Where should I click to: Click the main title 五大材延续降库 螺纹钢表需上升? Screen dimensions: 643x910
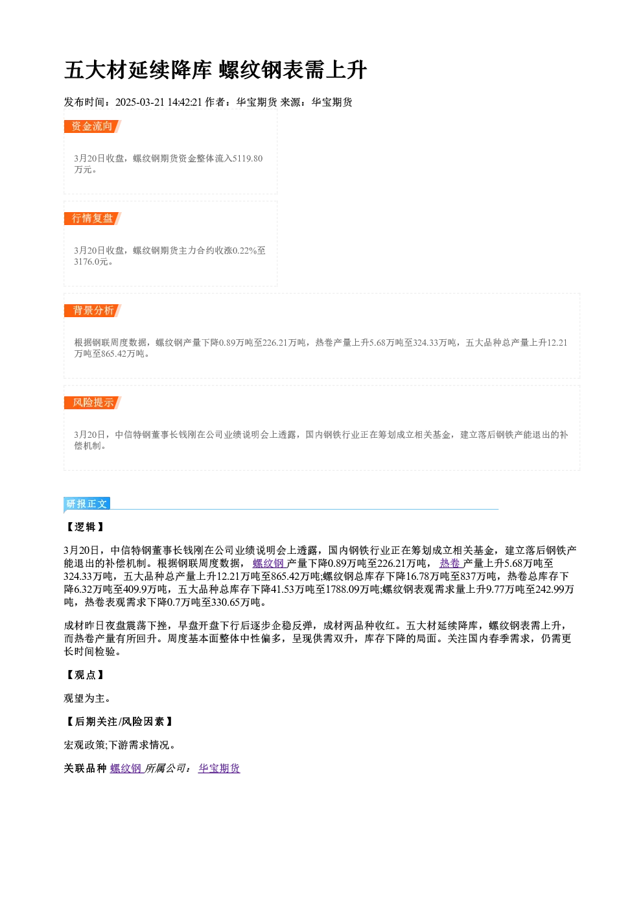(x=216, y=70)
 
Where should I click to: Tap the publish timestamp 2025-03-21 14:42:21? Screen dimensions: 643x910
(x=159, y=102)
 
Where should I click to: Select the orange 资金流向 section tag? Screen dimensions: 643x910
(x=92, y=126)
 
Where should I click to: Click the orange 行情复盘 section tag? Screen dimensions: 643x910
(x=92, y=219)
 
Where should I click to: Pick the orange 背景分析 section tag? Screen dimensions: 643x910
(x=92, y=311)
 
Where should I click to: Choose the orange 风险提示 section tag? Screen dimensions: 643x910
(x=92, y=403)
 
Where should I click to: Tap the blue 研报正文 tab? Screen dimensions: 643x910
(x=87, y=504)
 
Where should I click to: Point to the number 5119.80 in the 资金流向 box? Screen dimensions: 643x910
(x=248, y=158)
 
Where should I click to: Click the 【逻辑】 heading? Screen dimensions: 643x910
(x=85, y=527)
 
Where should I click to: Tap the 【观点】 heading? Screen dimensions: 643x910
(x=85, y=675)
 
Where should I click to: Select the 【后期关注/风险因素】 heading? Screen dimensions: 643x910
(x=119, y=721)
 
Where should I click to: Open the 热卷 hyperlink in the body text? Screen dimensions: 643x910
(x=450, y=563)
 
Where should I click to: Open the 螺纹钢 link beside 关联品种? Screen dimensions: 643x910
(x=126, y=768)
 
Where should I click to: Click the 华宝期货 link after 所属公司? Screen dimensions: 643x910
(x=219, y=768)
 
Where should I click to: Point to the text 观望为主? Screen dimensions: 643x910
(x=88, y=699)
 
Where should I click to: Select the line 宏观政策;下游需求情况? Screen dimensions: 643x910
(x=120, y=745)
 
